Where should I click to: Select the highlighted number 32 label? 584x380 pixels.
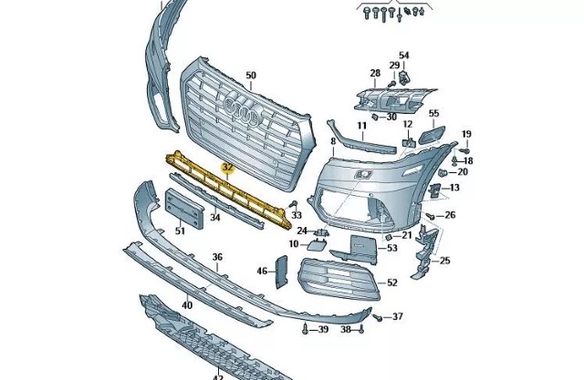click(x=228, y=168)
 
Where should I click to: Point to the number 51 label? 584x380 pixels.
click(x=180, y=231)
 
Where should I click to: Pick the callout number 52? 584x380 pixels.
click(x=392, y=283)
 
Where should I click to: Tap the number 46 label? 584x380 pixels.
click(x=262, y=271)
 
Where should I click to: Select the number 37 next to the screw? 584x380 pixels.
click(x=397, y=317)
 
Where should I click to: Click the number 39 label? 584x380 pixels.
click(x=323, y=329)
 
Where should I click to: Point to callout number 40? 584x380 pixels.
click(x=186, y=305)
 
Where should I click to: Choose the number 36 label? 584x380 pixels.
click(x=217, y=258)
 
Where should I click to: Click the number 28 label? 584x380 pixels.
click(x=374, y=73)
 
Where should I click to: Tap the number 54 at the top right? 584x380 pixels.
click(x=404, y=56)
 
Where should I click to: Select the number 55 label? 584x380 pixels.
click(x=433, y=114)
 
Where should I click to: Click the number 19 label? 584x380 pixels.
click(x=466, y=134)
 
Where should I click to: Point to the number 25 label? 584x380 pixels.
click(x=445, y=262)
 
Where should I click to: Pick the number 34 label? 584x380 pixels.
click(x=215, y=218)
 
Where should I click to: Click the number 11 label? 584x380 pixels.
click(x=361, y=125)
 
